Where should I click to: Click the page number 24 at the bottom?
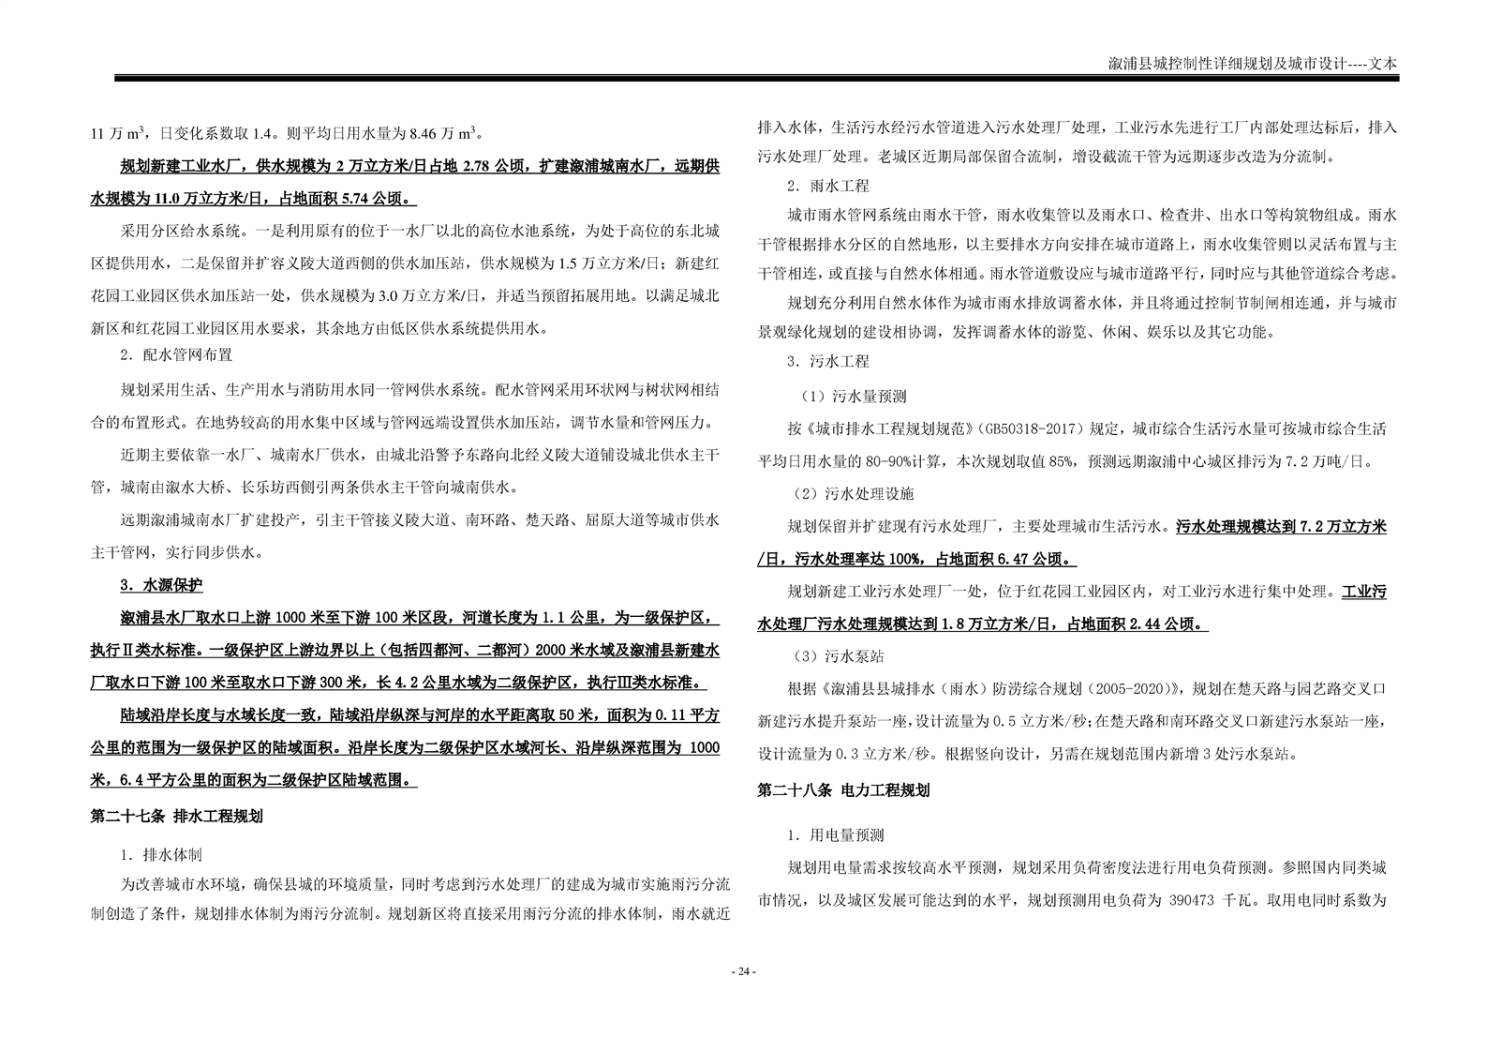742,971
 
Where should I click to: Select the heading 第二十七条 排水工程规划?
176,816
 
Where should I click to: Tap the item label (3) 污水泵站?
840,656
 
